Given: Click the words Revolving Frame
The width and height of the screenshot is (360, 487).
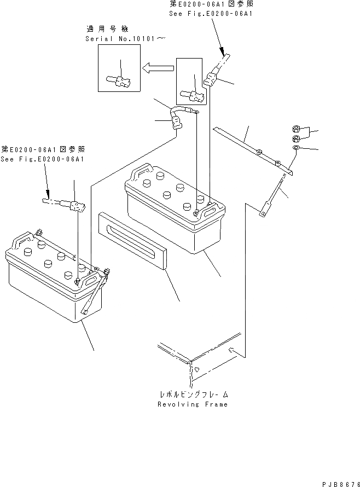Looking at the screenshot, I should [192, 404].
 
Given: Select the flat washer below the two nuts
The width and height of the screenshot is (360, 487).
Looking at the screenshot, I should [295, 148].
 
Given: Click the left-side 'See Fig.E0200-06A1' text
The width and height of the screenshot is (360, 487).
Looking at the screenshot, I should [43, 159].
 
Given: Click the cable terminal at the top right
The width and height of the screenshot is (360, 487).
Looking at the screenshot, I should [214, 76].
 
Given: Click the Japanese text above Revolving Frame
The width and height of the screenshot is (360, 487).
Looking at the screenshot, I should [193, 394].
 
